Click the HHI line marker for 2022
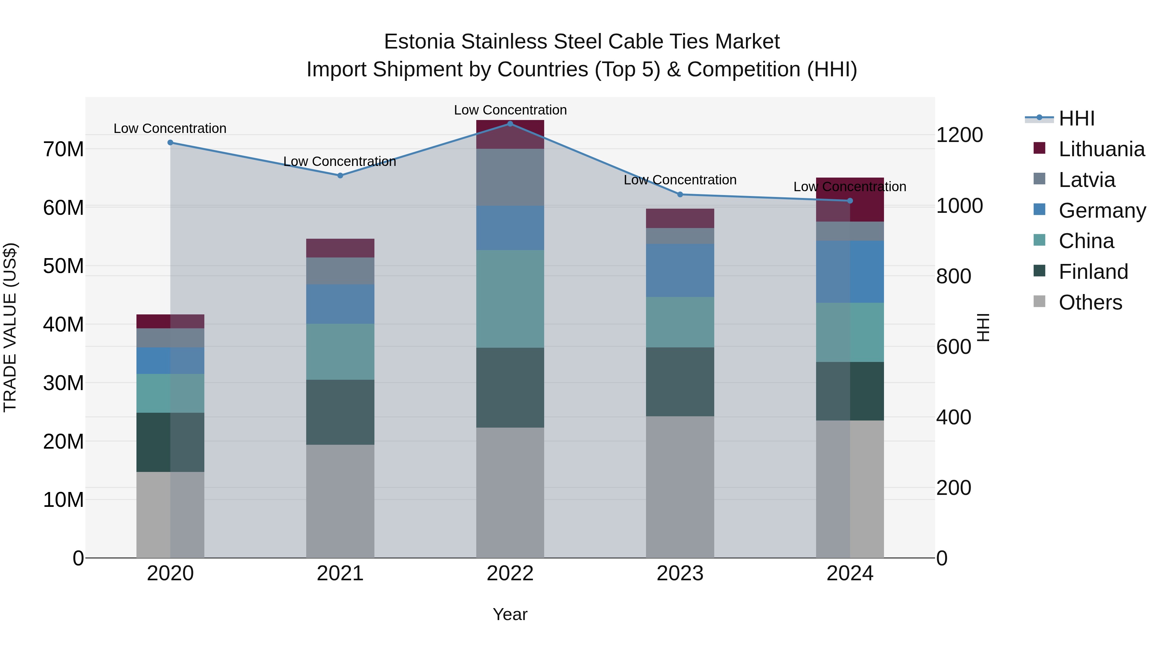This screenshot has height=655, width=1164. pos(510,124)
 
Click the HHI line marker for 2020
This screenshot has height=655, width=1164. pos(170,142)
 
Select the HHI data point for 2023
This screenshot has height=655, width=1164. pos(680,194)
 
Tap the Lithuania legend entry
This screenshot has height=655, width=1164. pos(1101,149)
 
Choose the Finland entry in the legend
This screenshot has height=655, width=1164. pos(1093,272)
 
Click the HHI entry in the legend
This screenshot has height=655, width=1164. pos(1076,118)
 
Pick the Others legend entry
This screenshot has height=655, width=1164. pos(1090,302)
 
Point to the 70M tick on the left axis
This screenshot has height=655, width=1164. pos(63,149)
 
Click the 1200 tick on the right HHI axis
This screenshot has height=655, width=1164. pos(959,135)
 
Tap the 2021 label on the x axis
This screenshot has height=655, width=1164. pos(340,573)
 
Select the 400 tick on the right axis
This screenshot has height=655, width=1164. pos(954,417)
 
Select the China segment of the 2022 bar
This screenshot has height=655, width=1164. pos(510,299)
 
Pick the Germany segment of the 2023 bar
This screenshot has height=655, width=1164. pos(680,270)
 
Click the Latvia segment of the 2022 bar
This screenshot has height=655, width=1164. pos(510,177)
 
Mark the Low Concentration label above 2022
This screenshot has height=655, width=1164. pos(510,110)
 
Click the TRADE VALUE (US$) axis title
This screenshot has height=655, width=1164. pos(10,327)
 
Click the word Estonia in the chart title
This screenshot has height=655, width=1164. pos(419,42)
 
